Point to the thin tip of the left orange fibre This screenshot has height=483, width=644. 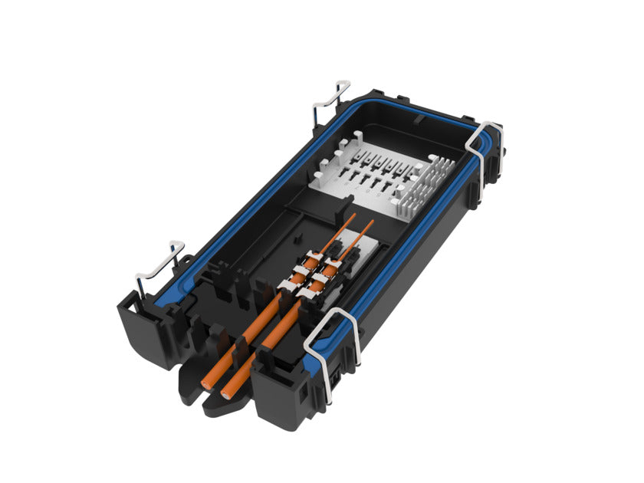click(354, 215)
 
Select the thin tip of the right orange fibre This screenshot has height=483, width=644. click(373, 222)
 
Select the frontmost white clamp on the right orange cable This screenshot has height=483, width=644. click(314, 291)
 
